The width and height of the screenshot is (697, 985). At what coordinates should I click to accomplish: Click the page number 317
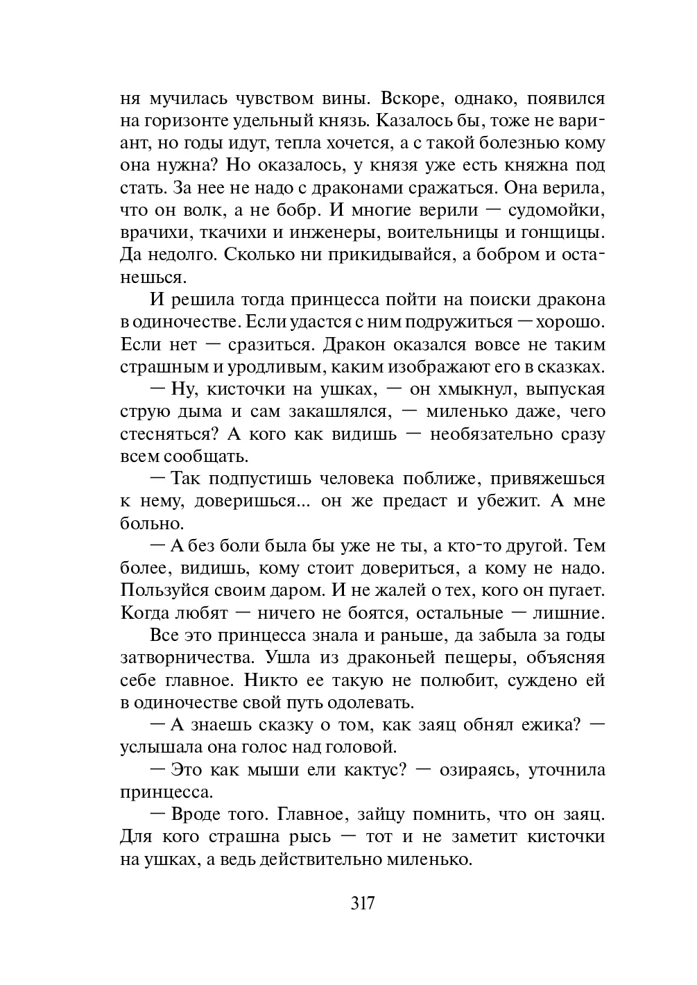[363, 904]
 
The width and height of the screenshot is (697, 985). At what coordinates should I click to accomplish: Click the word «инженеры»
[336, 232]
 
